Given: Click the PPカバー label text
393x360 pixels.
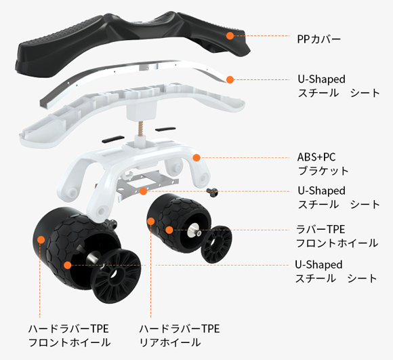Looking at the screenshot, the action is [319, 39].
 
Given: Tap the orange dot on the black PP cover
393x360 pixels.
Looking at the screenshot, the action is [230, 36].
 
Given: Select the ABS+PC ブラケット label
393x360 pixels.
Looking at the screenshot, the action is [323, 164].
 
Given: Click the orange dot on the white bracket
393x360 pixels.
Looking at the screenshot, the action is [196, 158].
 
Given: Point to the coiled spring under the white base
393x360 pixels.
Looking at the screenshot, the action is [141, 128].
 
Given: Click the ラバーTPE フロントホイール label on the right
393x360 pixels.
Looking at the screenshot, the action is [337, 236].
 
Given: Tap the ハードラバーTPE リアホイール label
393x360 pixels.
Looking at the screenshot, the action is [180, 336].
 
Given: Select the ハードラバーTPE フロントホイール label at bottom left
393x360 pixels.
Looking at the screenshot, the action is [69, 336].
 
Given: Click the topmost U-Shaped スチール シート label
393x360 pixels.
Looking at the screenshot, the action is [338, 86].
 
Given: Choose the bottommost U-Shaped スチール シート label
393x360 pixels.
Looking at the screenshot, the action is [336, 271].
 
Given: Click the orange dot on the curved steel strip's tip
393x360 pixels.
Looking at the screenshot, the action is [230, 80].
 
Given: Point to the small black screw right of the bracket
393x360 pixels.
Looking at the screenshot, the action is [212, 193].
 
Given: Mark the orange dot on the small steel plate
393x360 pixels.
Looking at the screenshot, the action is [143, 191].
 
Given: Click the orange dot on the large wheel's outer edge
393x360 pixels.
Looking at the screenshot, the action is [41, 240].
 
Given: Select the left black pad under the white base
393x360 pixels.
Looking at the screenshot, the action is [113, 139].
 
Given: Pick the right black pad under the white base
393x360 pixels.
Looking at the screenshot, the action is [165, 129].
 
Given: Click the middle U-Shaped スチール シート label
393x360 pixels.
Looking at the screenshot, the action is [338, 197].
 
